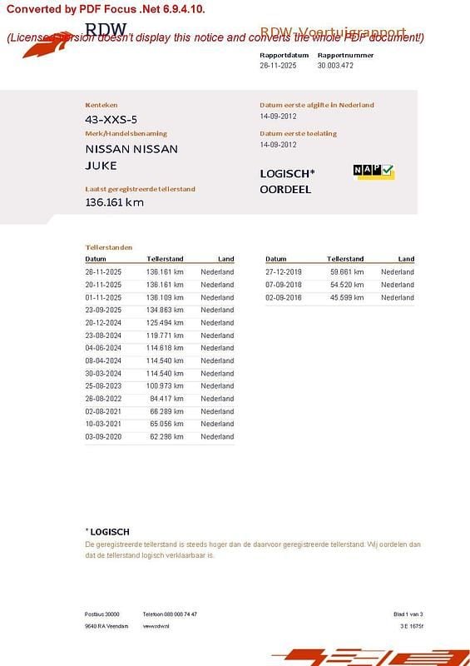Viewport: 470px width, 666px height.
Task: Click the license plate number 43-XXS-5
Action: (111, 119)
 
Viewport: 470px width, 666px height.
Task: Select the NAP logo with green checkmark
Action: (374, 171)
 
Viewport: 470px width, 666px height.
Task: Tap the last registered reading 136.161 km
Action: (115, 201)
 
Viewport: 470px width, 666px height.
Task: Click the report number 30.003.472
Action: (335, 65)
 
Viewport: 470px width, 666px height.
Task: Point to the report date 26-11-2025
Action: (278, 65)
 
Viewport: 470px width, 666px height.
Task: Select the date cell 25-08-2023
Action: (103, 385)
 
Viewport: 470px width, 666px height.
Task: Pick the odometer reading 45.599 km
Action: (345, 297)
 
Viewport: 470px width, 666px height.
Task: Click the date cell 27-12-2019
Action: (284, 272)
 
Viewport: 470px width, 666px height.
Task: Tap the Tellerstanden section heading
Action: (108, 247)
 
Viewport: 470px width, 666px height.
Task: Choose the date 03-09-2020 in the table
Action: (103, 436)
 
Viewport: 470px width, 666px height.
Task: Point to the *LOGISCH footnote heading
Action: (107, 531)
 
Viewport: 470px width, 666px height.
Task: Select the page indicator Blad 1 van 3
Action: (408, 614)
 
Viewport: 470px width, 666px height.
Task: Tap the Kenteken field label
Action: (96, 105)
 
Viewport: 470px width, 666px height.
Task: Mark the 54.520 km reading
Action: (345, 285)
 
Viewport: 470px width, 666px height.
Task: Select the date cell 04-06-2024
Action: (103, 348)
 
